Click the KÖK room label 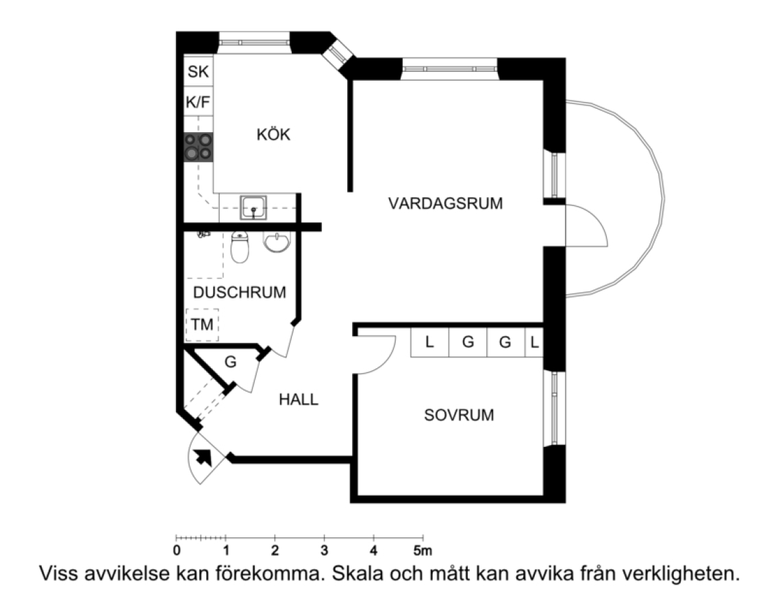tap(273, 134)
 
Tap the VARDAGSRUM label tap(445, 203)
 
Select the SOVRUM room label tap(459, 415)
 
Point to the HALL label tap(298, 399)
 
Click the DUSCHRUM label tap(240, 293)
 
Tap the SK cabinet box tap(199, 71)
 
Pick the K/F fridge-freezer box tap(199, 102)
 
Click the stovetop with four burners tap(199, 147)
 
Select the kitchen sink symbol tap(253, 207)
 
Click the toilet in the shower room tap(240, 247)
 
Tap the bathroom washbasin tap(277, 242)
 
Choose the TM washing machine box tap(202, 325)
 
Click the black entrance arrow tap(203, 457)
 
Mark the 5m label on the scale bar tap(423, 550)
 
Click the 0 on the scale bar tap(177, 550)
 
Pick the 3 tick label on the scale tap(324, 550)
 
